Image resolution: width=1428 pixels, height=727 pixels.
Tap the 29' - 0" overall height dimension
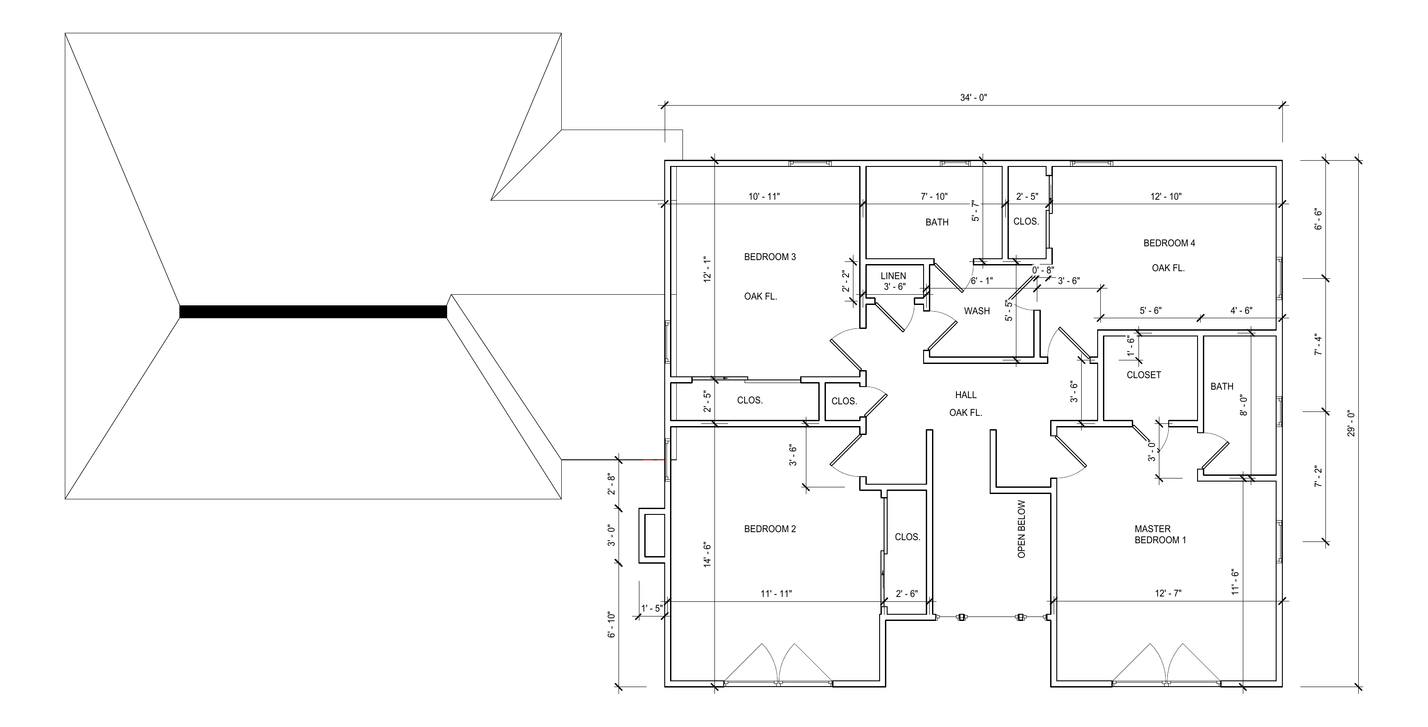1351,423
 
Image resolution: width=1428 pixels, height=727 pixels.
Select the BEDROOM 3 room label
770,257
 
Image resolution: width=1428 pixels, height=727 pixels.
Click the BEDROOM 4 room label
1169,243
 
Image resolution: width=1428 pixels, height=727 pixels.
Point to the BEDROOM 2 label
770,529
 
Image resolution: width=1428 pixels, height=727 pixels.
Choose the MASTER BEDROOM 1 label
1160,535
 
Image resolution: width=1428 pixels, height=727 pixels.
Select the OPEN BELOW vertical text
1022,529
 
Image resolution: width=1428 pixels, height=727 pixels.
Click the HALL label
966,395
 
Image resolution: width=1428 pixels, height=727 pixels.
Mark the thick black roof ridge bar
313,312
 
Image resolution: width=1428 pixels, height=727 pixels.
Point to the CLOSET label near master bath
1144,375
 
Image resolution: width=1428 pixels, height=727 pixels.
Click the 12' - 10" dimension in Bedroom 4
1166,197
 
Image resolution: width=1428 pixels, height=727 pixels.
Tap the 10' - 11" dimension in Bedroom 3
764,197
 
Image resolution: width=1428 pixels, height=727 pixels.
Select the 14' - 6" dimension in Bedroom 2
707,554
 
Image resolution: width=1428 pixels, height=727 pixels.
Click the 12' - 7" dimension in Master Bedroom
1168,593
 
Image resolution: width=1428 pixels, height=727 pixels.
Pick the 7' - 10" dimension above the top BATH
934,197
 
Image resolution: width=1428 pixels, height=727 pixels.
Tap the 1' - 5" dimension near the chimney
651,608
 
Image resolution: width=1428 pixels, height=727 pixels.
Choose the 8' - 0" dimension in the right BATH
1243,406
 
